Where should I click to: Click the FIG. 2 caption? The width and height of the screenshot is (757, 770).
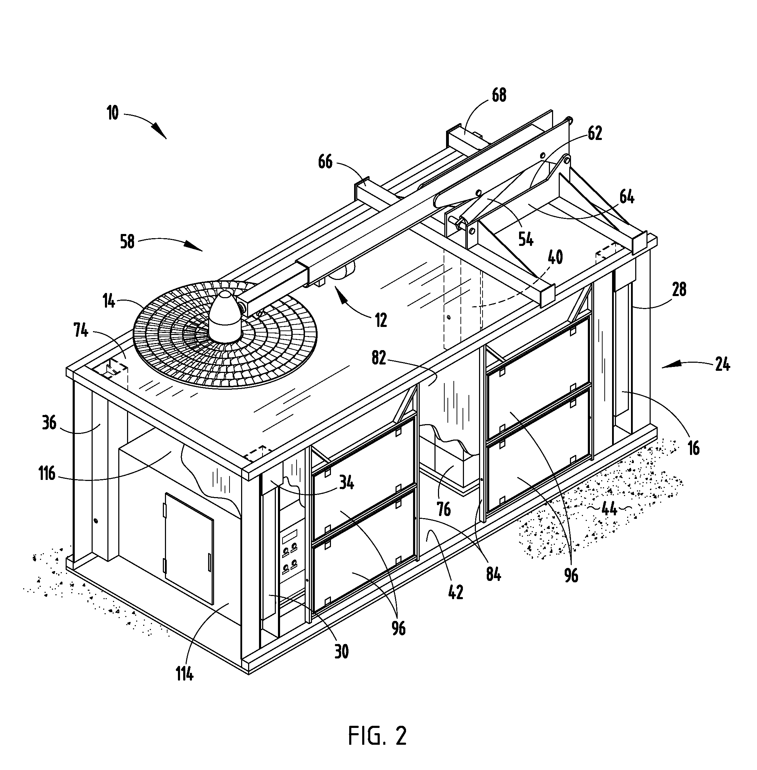377,735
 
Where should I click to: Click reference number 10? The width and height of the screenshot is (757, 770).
113,114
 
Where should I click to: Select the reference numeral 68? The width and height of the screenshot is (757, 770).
499,95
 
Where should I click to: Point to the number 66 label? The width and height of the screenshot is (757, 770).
325,162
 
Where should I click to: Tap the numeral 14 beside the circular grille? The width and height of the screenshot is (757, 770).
109,302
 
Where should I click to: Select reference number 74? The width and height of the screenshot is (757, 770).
81,330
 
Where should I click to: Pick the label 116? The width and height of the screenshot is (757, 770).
47,474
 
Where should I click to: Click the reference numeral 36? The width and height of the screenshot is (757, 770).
49,423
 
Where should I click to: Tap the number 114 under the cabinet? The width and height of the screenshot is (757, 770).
185,674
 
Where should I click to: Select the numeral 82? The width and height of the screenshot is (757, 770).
379,359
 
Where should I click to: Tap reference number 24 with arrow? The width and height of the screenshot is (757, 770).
722,365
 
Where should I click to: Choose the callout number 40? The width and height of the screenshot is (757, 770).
556,257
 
